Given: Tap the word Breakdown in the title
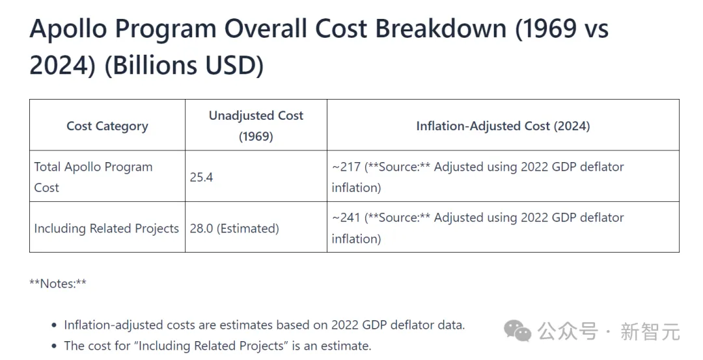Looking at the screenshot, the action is [x=441, y=29].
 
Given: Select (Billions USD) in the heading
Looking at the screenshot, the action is [x=184, y=66].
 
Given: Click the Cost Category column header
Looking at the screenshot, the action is [x=107, y=126].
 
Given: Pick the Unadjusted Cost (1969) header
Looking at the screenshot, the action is [x=256, y=126].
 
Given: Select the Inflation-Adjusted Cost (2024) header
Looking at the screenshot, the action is [x=503, y=126].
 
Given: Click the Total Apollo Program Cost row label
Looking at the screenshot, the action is [x=93, y=177].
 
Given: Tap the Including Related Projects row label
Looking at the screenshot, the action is [x=107, y=228].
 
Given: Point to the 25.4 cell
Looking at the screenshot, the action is [x=201, y=177].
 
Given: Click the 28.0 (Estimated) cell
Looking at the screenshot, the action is [x=234, y=228].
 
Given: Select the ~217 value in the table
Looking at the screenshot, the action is [x=346, y=167].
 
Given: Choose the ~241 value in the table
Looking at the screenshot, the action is [x=346, y=217].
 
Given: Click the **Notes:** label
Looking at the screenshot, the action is [x=58, y=283].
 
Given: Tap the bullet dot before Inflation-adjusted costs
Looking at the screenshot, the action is [x=54, y=325].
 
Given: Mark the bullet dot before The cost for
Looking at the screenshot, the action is [x=54, y=346].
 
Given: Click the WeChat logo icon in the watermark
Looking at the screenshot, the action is [x=517, y=331].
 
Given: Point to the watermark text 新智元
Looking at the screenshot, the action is [x=650, y=332].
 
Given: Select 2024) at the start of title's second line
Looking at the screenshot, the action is [x=62, y=66].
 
